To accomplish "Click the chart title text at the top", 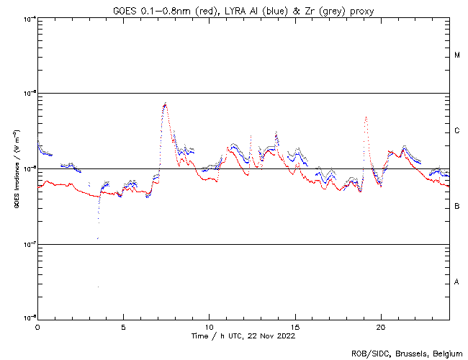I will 243,9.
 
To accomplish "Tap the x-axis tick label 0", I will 37,326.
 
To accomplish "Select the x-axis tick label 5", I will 123,326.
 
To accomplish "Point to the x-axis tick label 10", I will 209,326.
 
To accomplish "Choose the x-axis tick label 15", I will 294,326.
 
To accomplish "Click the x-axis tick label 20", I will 380,326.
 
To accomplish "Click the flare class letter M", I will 457,55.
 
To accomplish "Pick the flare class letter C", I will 457,131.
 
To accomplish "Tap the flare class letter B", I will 457,207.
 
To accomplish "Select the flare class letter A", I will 457,282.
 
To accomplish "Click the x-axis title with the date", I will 243,336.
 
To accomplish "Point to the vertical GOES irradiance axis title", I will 15,169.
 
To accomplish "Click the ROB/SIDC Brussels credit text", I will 407,353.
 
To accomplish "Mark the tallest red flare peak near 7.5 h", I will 166,104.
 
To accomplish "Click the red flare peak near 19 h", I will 366,117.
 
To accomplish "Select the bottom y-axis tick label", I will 27,318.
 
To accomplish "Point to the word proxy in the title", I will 360,9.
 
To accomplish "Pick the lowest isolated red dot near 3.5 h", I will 98,287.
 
